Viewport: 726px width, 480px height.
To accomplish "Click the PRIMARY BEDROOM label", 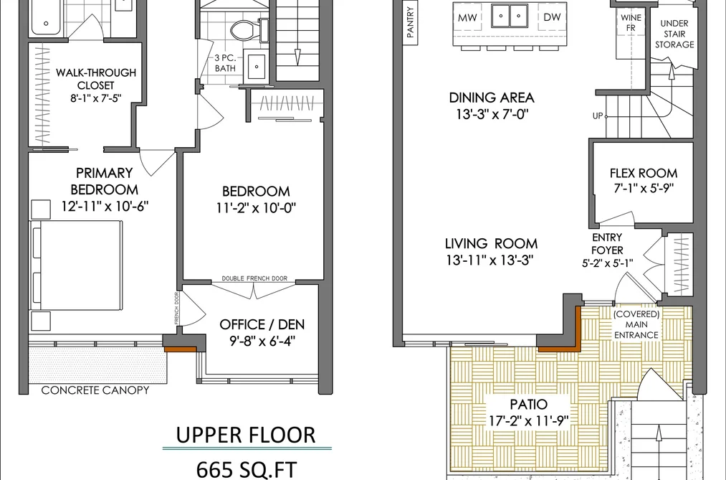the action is point(104,181).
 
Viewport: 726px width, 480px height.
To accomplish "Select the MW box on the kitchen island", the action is point(467,18).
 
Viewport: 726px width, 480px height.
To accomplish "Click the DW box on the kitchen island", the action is point(552,17).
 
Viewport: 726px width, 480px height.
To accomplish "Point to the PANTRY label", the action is point(410,22).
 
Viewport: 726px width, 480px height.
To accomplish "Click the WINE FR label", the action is point(631,23).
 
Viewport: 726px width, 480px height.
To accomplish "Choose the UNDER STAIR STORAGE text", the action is point(674,34).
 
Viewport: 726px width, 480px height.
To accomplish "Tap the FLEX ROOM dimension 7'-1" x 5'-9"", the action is point(643,188).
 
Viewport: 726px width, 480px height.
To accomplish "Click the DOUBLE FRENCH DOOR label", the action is point(254,278).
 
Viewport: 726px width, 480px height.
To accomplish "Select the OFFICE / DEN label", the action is point(262,324).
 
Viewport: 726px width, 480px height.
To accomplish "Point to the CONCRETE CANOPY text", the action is point(95,390).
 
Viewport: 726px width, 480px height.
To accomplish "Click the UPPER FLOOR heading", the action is point(246,435).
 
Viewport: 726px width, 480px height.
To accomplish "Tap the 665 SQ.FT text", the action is point(247,470).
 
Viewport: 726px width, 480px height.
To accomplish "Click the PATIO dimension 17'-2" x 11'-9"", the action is point(529,420).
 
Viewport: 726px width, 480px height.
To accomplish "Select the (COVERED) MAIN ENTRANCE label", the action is point(636,324).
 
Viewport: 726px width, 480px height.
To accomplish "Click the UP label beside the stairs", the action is point(598,116).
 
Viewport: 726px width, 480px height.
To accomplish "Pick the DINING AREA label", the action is point(492,98).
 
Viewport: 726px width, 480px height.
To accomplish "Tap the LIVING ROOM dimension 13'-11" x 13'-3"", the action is point(490,260).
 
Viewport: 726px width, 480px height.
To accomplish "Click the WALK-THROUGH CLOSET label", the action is point(96,79).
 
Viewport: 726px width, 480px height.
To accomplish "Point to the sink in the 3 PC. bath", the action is point(256,66).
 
